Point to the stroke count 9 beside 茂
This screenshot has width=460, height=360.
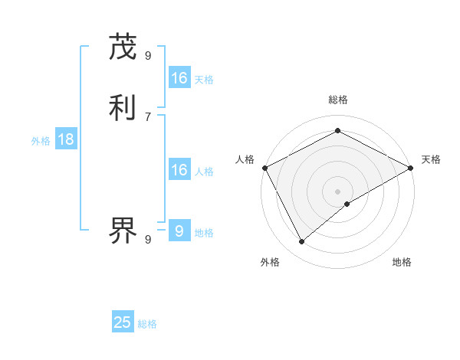148,55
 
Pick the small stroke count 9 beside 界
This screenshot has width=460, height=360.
148,239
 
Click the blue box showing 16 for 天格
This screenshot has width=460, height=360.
179,78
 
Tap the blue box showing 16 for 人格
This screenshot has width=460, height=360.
179,170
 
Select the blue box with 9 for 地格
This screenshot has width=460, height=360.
179,231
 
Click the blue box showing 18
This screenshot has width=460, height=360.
65,139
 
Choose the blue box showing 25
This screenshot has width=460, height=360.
123,322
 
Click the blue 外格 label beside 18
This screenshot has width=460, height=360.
40,141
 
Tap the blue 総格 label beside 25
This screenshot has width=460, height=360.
147,324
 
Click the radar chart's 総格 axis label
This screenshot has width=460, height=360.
337,100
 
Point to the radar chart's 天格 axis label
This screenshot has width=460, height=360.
431,159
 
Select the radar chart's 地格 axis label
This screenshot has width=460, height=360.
402,262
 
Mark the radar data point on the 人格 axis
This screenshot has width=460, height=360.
264,168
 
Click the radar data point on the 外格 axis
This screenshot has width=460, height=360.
301,242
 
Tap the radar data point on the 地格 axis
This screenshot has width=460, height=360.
347,204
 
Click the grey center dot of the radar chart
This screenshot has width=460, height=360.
337,191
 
